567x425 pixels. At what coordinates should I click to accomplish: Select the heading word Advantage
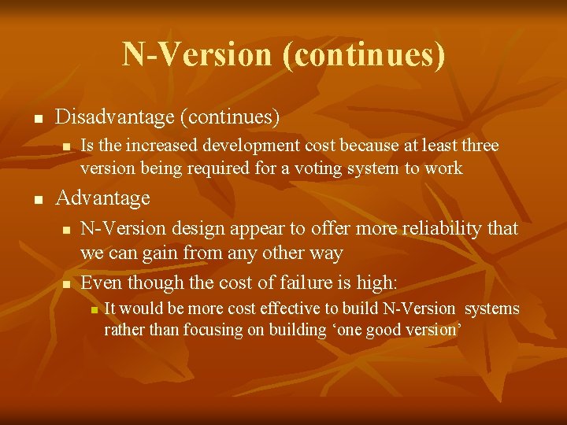coord(102,198)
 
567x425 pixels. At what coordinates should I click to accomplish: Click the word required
coord(220,168)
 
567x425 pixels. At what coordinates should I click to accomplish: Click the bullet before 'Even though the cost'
coord(67,283)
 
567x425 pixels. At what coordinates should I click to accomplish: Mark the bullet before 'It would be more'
coord(94,309)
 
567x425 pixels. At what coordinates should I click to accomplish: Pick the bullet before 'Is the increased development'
coord(67,146)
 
